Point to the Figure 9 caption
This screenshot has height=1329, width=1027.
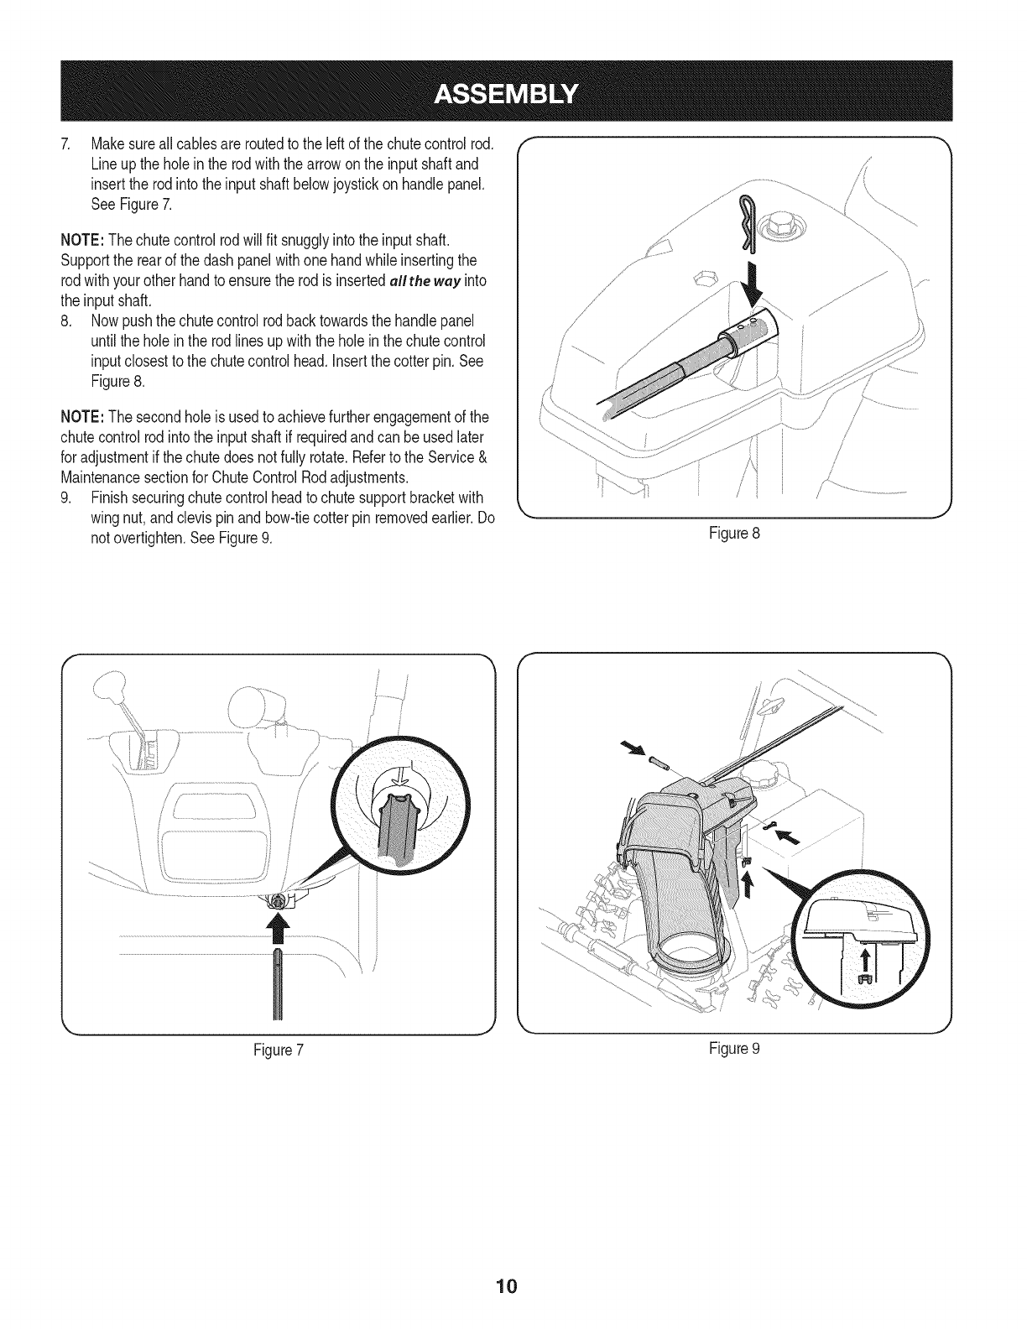click(x=735, y=1049)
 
